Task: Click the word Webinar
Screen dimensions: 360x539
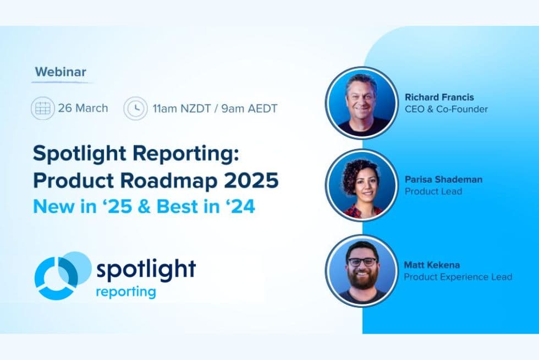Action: [x=61, y=72]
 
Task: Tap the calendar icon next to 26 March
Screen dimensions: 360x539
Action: [x=42, y=108]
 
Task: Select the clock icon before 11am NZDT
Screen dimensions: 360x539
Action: [x=135, y=108]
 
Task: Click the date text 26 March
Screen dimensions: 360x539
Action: [x=83, y=108]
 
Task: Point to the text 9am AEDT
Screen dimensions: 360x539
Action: [x=249, y=108]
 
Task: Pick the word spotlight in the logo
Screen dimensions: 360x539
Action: [x=146, y=269]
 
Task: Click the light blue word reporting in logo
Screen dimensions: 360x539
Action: [x=125, y=291]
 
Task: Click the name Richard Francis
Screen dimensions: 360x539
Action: [x=439, y=97]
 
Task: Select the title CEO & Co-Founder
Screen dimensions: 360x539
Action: [x=446, y=109]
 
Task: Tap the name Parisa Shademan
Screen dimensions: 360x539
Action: [x=444, y=180]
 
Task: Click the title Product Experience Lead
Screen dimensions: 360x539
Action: [x=458, y=277]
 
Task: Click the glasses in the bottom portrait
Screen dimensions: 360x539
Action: [x=362, y=262]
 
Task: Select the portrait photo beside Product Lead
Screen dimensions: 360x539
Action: [x=361, y=186]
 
